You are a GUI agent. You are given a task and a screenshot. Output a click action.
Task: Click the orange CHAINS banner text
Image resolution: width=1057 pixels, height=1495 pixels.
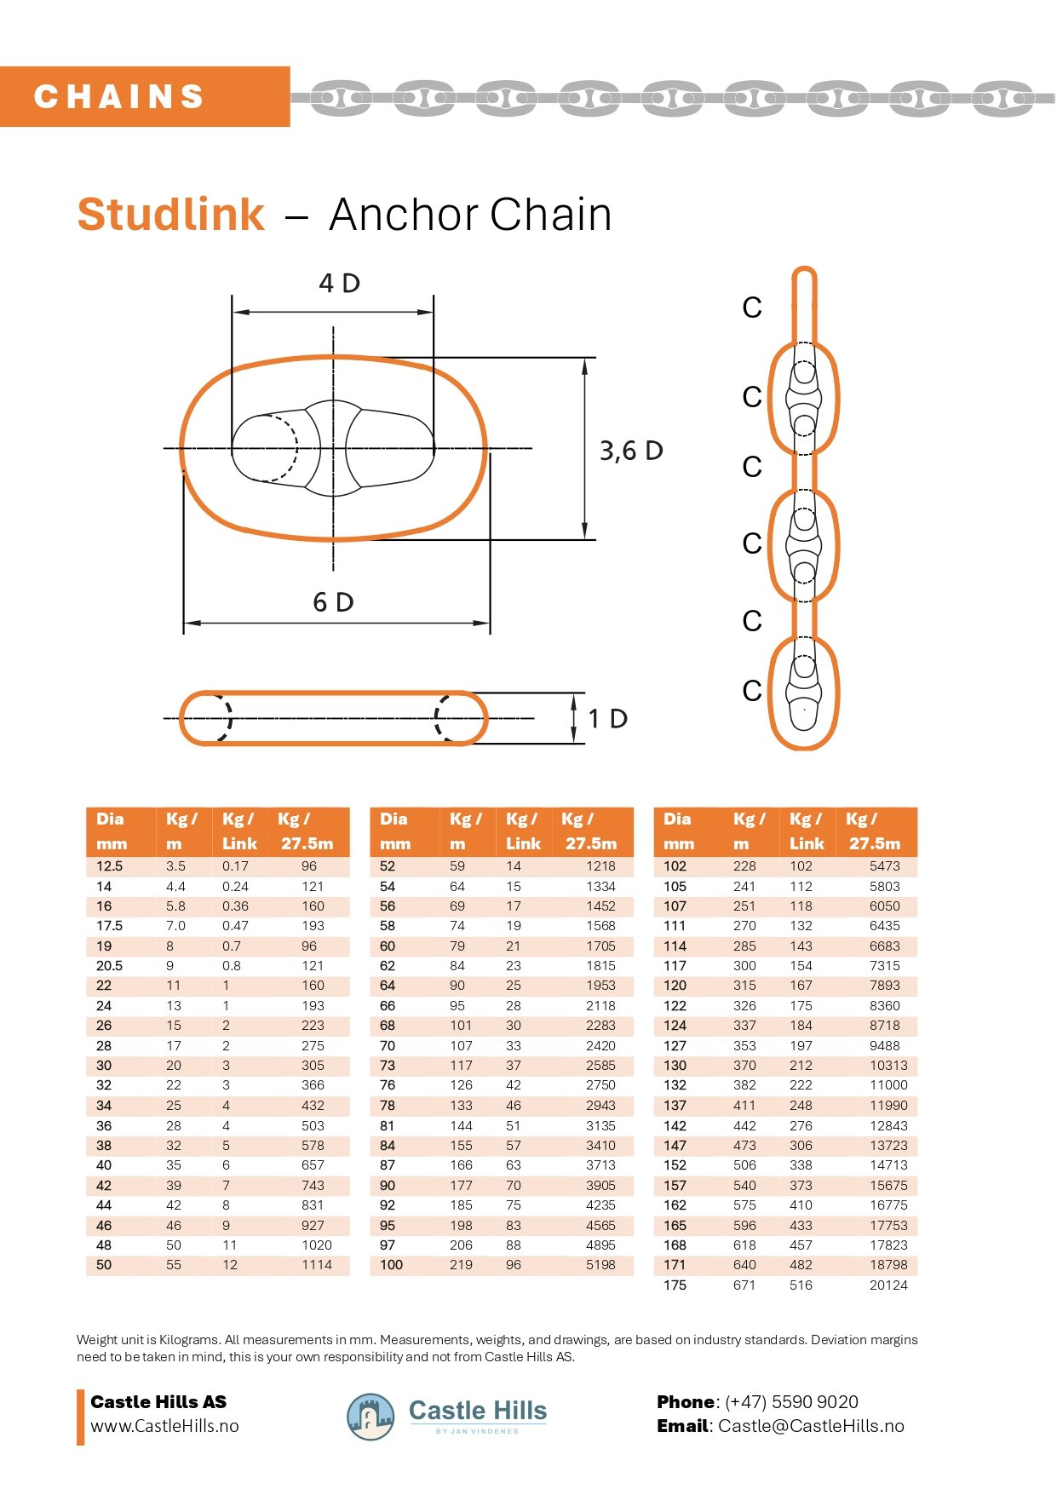point(119,96)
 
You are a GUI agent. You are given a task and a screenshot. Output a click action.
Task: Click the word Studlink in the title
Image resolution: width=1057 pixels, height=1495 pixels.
point(171,215)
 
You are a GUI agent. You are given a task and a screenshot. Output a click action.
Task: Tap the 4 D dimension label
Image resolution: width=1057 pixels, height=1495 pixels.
point(339,283)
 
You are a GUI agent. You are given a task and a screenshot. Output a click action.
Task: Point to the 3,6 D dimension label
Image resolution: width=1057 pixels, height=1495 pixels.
point(630,451)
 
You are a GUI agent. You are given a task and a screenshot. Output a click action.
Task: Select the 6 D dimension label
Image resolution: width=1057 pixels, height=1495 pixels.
point(333,602)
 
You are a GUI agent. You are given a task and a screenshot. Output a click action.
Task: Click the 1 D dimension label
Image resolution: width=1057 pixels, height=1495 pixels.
point(607,719)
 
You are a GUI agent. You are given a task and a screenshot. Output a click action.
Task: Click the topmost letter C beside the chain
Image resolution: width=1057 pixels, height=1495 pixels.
point(751,308)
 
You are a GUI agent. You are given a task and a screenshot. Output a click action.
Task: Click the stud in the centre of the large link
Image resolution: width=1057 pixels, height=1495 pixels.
point(333,448)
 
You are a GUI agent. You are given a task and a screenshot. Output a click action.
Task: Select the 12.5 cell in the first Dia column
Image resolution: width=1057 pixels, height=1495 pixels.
point(110,866)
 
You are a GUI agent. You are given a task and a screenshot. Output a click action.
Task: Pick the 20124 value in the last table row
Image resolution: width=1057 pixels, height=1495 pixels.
point(888,1285)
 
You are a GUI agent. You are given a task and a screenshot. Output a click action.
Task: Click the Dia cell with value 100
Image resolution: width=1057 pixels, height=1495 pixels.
point(391,1265)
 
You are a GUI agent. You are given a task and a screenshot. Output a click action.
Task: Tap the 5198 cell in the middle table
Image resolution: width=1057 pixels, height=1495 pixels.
point(600,1265)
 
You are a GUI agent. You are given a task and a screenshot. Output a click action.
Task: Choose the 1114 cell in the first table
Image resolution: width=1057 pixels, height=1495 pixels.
point(316,1265)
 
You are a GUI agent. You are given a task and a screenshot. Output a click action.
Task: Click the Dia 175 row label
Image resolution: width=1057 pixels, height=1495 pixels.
point(675,1285)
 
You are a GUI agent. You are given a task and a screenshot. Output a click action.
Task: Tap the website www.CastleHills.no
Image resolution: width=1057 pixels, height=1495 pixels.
point(164,1426)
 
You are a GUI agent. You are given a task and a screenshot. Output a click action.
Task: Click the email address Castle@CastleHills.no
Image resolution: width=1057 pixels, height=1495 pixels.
point(810,1426)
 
